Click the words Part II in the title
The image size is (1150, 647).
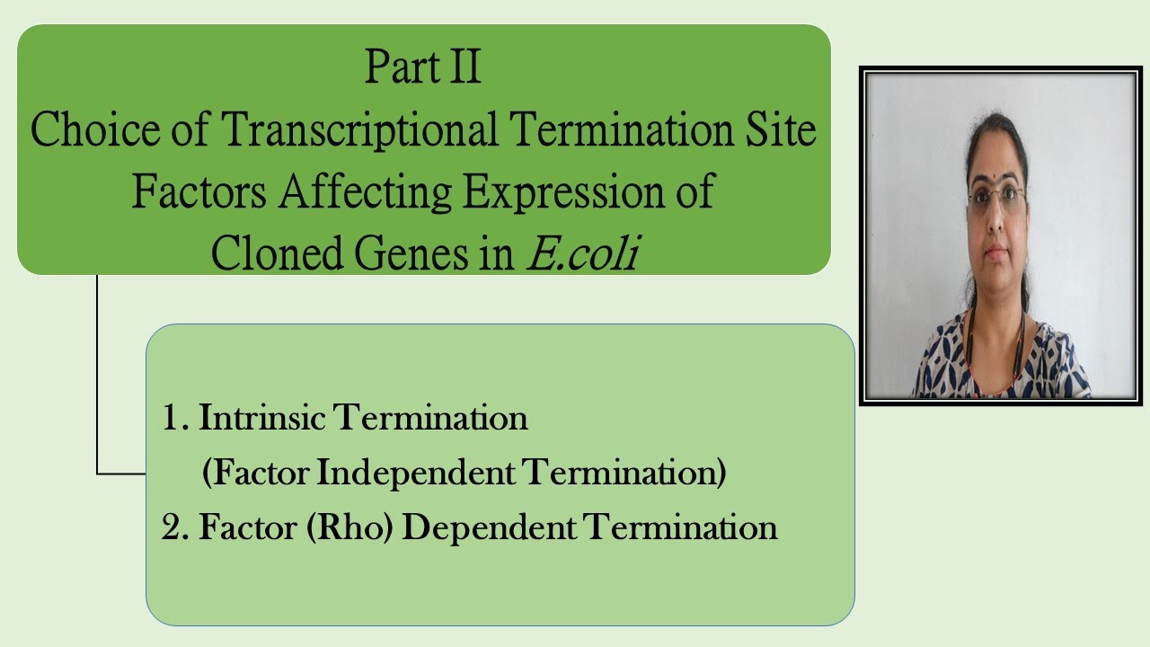tap(423, 68)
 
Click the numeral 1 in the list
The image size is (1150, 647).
tap(171, 419)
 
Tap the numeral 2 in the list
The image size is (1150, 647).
tap(171, 527)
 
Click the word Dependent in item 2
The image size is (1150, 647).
tap(488, 527)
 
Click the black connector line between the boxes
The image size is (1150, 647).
tap(97, 377)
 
